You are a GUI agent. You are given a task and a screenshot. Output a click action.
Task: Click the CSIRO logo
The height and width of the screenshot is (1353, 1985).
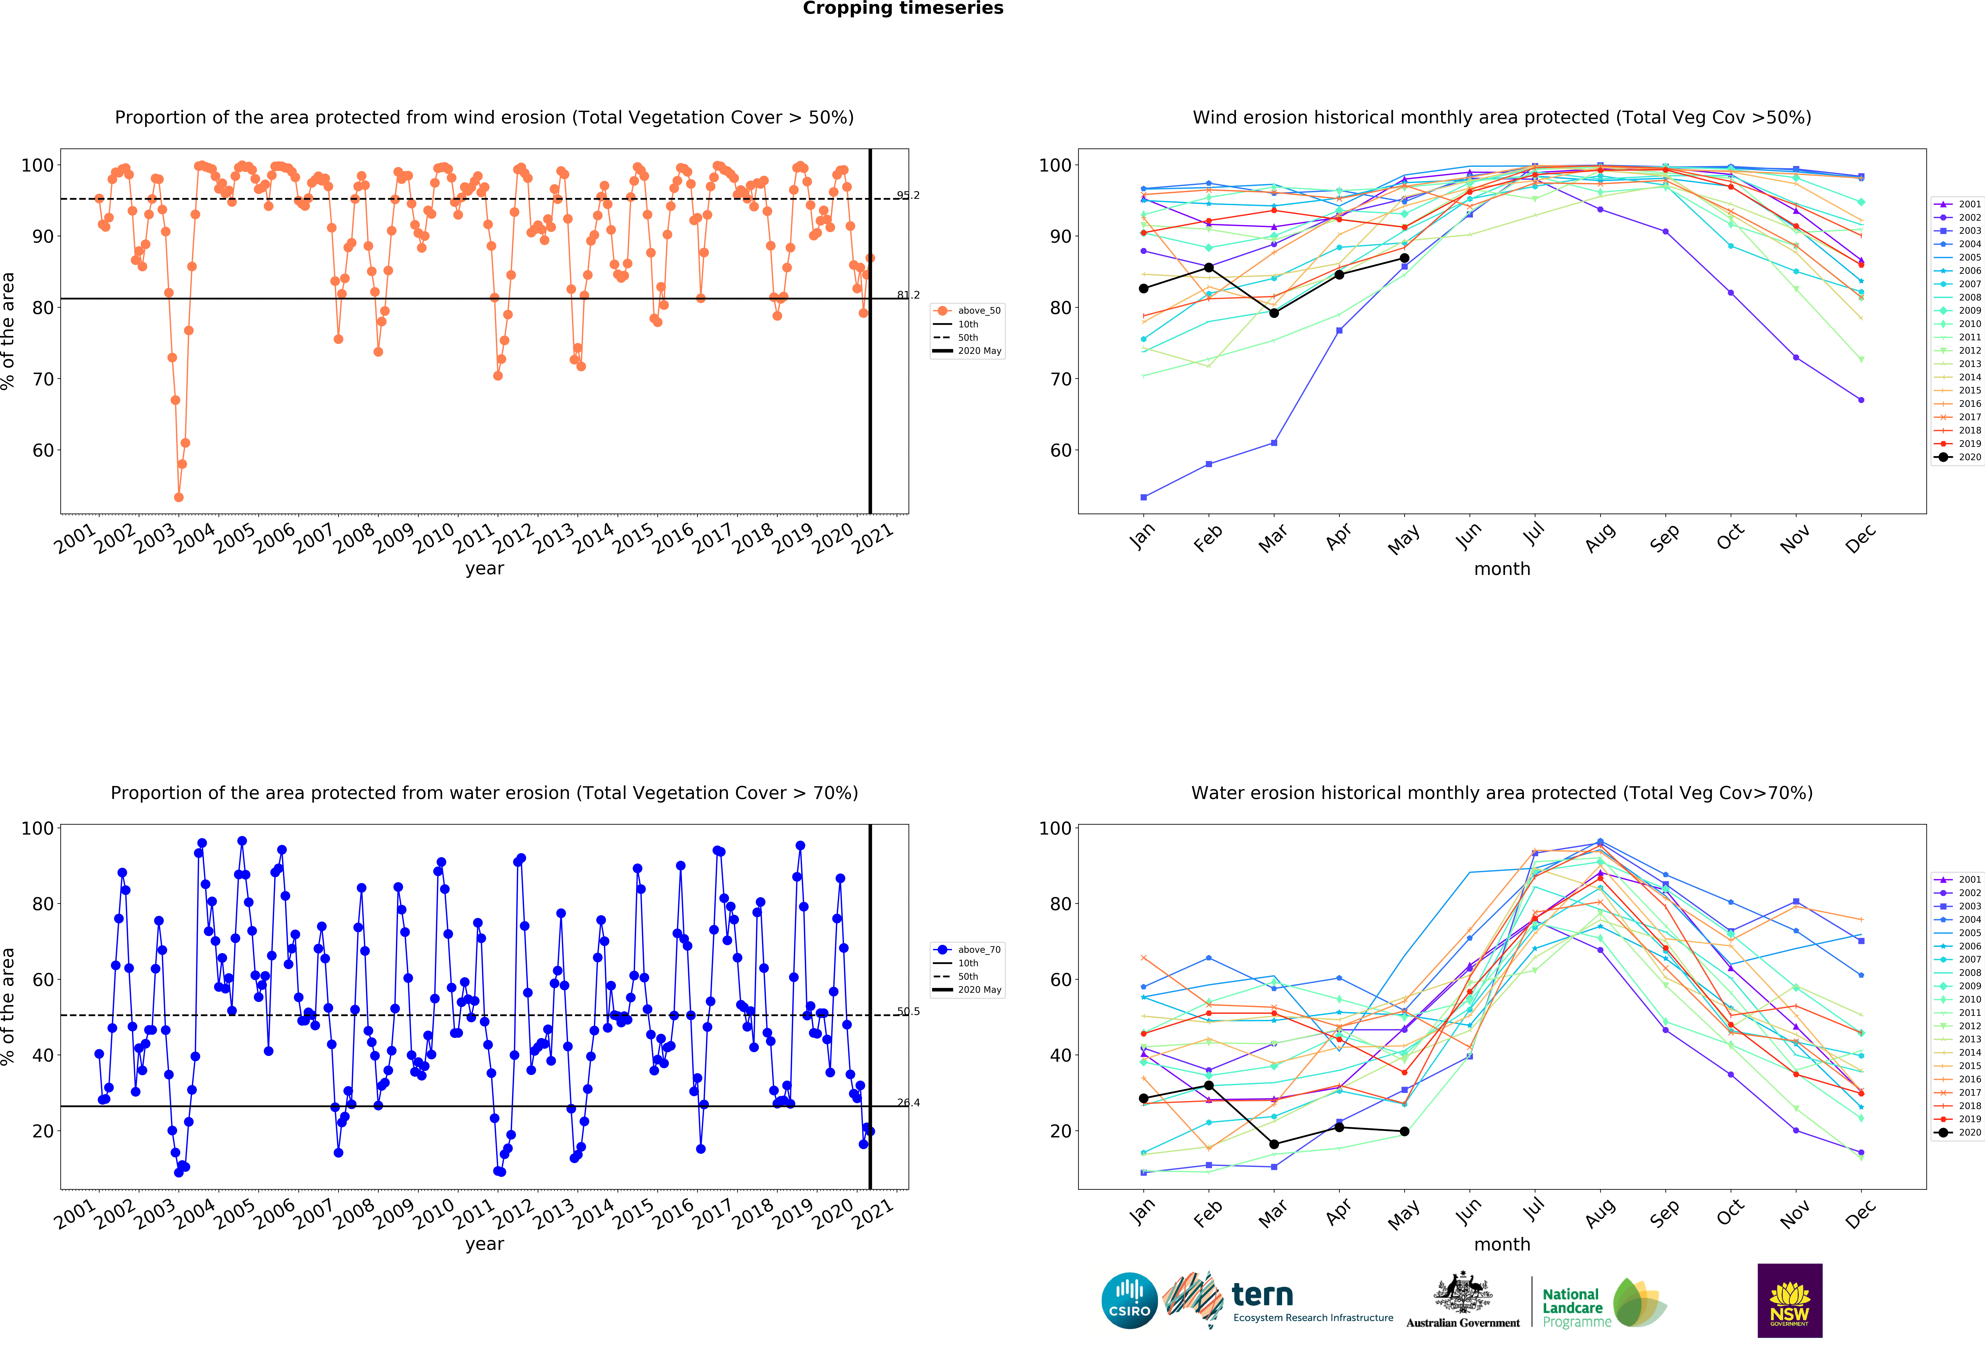click(x=1129, y=1301)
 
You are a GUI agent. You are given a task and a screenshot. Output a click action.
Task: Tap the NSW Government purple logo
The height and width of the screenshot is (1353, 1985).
click(x=1789, y=1300)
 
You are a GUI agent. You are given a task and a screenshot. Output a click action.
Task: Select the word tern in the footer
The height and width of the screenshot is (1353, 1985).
click(x=1262, y=1295)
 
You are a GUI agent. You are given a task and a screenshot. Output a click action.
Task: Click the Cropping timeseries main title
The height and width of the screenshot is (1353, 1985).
click(x=903, y=8)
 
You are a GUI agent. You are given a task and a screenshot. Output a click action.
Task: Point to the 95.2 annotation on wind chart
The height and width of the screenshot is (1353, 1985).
click(x=908, y=196)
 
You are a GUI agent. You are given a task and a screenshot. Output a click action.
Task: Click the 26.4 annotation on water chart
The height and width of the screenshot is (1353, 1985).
click(x=908, y=1103)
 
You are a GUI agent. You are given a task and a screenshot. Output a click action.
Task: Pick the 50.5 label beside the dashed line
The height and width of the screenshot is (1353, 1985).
click(x=908, y=1011)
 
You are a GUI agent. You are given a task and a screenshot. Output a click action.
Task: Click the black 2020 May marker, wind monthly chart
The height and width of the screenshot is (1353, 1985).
click(x=1404, y=258)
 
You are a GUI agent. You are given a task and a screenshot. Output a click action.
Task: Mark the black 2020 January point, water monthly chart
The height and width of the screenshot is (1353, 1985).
click(x=1144, y=1098)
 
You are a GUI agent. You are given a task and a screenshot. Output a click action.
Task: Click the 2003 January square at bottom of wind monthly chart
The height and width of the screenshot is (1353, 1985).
click(x=1144, y=497)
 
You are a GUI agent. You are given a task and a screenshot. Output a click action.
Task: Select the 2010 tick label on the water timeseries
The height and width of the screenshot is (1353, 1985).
click(x=434, y=1213)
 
